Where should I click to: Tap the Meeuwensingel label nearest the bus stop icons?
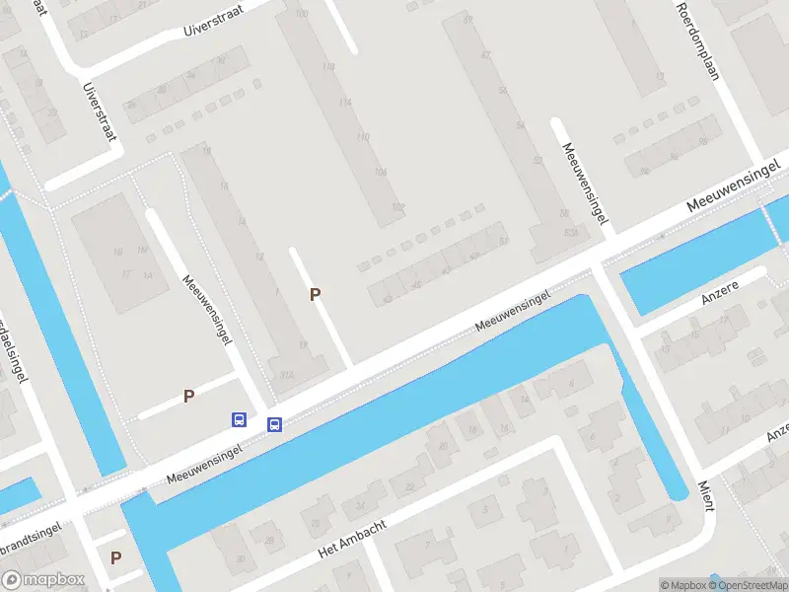(x=205, y=462)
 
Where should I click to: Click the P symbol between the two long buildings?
(x=316, y=294)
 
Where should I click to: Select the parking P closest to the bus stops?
(x=188, y=396)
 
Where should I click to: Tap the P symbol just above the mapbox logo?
(x=115, y=557)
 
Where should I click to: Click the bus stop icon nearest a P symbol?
(x=239, y=420)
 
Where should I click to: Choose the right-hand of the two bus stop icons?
(x=275, y=425)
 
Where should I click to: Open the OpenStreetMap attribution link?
(x=751, y=585)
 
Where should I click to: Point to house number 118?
(x=328, y=66)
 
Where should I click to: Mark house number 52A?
(x=569, y=232)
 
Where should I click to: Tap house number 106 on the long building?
(x=381, y=172)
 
